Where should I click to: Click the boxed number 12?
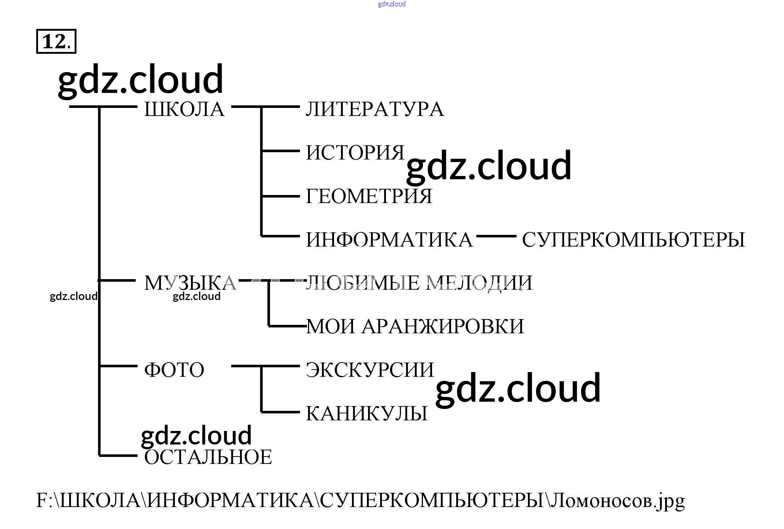(x=56, y=41)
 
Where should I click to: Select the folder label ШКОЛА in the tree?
(x=184, y=109)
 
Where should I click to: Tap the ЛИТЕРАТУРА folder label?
(x=375, y=109)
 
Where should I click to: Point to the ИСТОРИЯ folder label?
(x=355, y=153)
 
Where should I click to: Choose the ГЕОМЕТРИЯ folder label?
(x=369, y=196)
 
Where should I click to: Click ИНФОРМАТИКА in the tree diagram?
(x=389, y=240)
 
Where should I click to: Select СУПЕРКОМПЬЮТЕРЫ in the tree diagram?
(x=633, y=240)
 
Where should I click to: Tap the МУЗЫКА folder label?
(x=190, y=283)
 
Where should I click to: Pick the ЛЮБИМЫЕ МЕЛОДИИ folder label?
(x=419, y=283)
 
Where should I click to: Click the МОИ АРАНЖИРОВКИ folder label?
(x=415, y=326)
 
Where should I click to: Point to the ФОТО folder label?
(x=174, y=369)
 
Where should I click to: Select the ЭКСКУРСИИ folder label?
(x=370, y=369)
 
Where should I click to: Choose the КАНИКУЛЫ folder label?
(x=367, y=413)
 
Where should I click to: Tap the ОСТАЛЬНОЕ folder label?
(x=208, y=457)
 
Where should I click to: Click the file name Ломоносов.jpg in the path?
(x=618, y=500)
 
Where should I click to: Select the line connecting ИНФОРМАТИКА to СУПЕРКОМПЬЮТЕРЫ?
(x=496, y=236)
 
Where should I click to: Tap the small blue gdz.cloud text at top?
(x=392, y=4)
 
